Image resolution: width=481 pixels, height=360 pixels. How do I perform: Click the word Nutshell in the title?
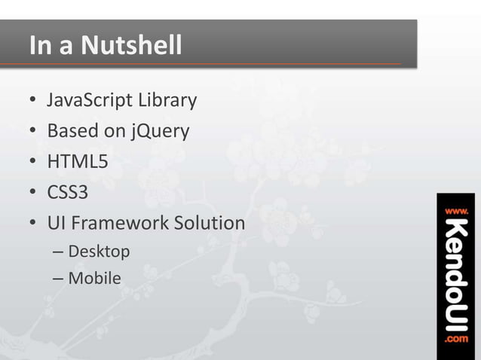[x=132, y=46]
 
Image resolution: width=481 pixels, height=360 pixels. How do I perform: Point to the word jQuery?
[x=159, y=132]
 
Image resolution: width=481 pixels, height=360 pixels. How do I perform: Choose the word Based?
[x=73, y=131]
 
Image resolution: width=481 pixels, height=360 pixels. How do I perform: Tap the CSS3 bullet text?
[x=68, y=193]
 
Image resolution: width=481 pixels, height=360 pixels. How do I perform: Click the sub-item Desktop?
[x=99, y=251]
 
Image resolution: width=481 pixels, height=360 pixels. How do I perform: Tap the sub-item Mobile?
[x=94, y=278]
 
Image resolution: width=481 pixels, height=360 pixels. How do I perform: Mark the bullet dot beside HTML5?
[x=33, y=163]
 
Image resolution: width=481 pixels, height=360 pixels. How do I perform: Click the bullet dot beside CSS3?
[x=33, y=194]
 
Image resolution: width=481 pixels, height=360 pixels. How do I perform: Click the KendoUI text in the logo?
[x=456, y=275]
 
